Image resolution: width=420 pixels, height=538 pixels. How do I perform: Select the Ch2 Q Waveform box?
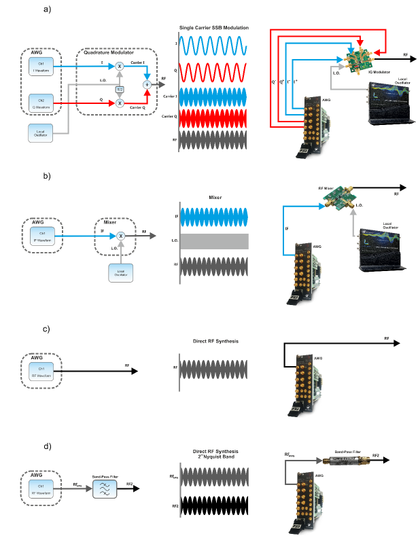(42, 104)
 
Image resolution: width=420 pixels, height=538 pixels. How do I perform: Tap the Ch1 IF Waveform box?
(42, 234)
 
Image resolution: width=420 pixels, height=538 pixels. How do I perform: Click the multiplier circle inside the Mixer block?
(120, 234)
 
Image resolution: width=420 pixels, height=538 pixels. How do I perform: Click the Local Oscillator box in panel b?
(120, 272)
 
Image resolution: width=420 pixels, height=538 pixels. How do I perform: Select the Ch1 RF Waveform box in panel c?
(42, 372)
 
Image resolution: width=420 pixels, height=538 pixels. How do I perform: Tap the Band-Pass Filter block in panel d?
(106, 488)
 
